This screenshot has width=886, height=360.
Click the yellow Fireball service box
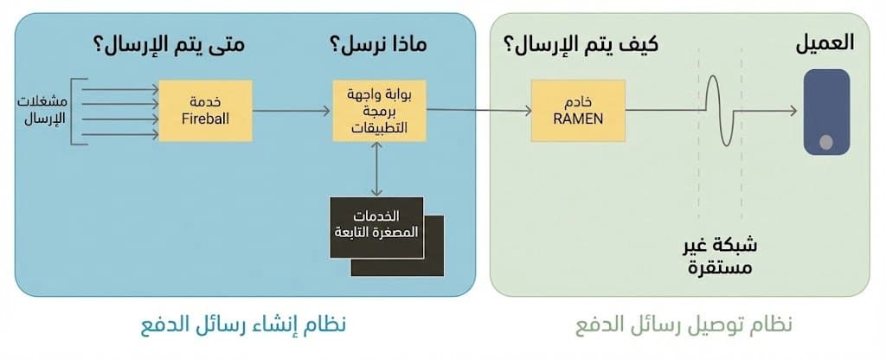coord(205,111)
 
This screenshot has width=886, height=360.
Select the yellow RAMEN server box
coord(578,111)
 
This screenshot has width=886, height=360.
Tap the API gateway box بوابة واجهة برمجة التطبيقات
coord(379,111)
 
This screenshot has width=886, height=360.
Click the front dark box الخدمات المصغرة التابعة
coord(376,228)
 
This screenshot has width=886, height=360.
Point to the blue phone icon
coord(826,112)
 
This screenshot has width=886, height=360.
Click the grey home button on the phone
coord(826,142)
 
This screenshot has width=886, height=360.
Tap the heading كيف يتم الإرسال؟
coord(581,45)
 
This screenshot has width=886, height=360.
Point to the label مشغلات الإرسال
coord(42,111)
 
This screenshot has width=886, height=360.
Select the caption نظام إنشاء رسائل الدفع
coord(243,325)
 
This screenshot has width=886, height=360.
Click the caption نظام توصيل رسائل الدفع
coord(684,325)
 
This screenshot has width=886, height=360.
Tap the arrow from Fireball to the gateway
coord(291,112)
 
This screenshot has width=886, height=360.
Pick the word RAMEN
coord(578,119)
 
